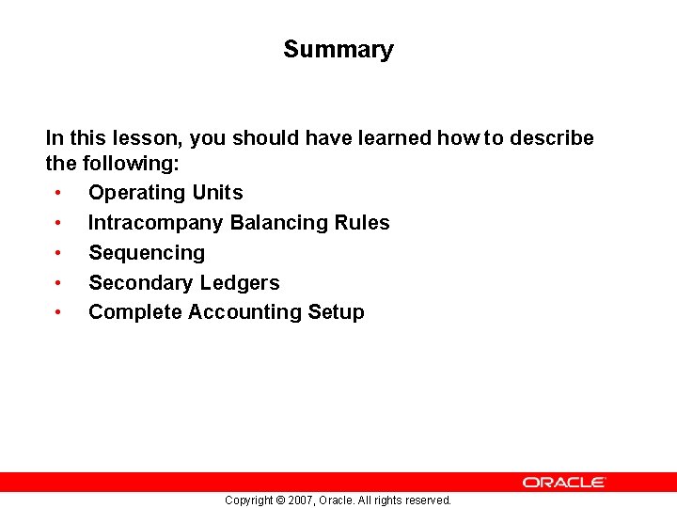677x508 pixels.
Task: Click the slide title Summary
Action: click(338, 50)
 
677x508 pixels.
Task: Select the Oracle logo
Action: click(564, 482)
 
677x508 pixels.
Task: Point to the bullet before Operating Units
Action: click(58, 193)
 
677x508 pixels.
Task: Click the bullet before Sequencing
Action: click(58, 253)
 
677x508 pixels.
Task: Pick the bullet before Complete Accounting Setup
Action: click(58, 312)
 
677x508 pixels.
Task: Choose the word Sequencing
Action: click(147, 253)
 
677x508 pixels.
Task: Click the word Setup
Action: click(337, 312)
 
